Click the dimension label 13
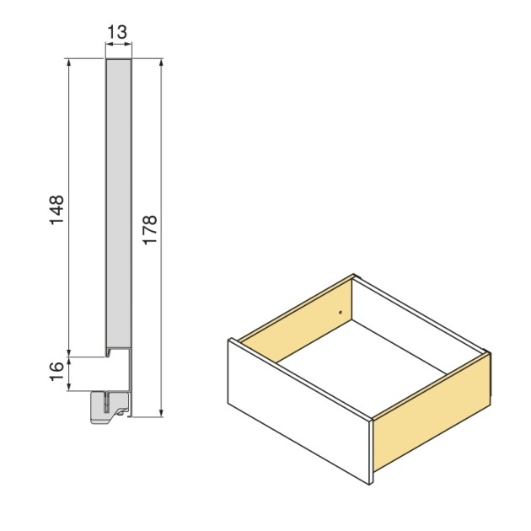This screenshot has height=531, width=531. (x=118, y=33)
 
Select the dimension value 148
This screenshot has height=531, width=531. (x=56, y=209)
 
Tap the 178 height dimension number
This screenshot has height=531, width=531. (x=150, y=229)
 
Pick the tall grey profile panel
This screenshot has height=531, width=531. (x=119, y=202)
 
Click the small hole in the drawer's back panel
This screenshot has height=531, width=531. (x=341, y=313)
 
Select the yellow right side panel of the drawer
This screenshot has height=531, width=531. (x=431, y=413)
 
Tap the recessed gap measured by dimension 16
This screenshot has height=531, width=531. (x=117, y=371)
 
